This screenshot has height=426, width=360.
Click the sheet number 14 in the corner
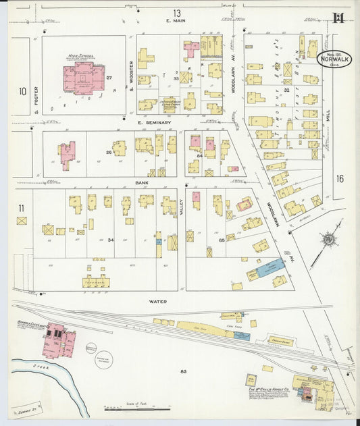337,17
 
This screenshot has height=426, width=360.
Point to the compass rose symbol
329,239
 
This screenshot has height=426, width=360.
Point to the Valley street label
181,211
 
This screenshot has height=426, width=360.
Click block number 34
111,240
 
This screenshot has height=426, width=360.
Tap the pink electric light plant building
57,341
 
